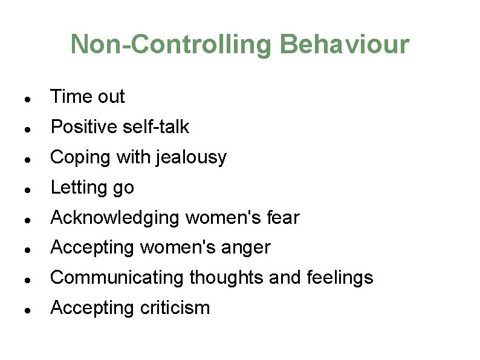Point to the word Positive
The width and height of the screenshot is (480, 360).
pos(84,127)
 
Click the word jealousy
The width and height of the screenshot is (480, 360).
pos(192,158)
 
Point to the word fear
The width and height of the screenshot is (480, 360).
pos(283,218)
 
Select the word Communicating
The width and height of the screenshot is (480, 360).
pos(118,278)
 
